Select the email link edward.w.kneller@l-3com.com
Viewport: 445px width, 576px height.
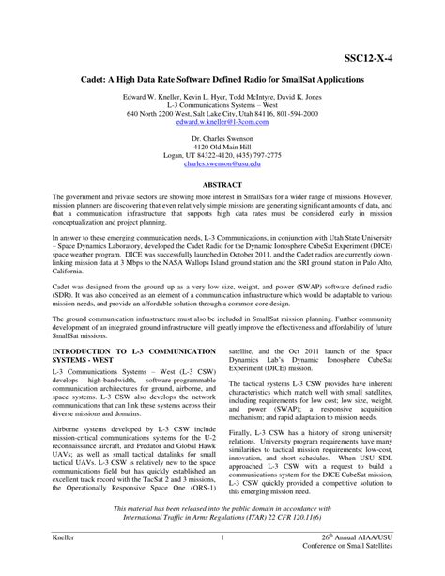tap(222, 121)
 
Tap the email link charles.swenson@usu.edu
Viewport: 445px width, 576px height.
tap(222, 163)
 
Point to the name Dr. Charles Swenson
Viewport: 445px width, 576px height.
tap(222, 137)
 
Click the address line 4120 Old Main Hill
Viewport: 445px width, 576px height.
tap(222, 146)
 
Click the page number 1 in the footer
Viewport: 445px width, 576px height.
tap(222, 538)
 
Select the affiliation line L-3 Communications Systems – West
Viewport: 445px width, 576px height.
tap(222, 104)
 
